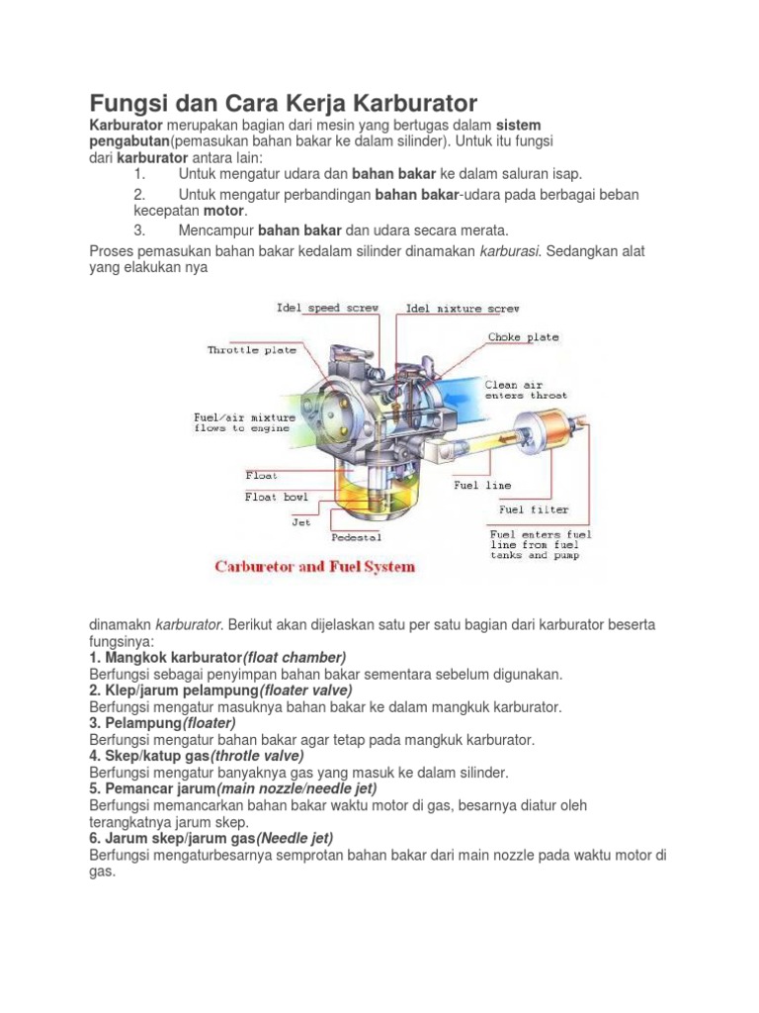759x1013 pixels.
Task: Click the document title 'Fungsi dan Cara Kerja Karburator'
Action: [284, 103]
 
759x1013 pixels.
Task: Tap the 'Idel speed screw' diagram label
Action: [327, 309]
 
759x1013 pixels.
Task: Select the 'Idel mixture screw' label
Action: [463, 309]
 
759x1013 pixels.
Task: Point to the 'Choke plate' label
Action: [523, 337]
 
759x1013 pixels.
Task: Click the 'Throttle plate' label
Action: [251, 350]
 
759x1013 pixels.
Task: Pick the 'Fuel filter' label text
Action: [534, 509]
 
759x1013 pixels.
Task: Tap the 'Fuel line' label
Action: [482, 485]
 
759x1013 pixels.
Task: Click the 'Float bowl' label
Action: [276, 497]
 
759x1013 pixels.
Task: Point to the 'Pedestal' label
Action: [355, 538]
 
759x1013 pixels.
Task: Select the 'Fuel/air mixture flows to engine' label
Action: [244, 422]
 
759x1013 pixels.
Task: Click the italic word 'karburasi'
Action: [510, 251]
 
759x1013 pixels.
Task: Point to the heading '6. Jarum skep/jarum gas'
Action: [172, 838]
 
